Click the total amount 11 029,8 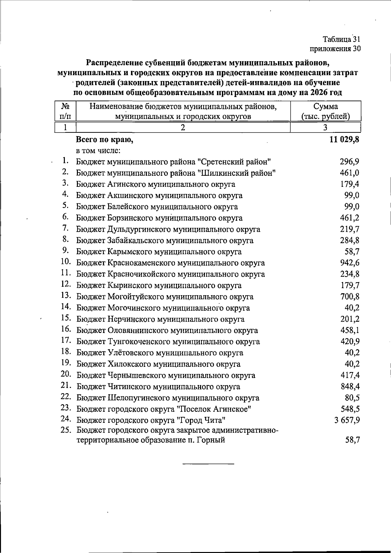coord(344,140)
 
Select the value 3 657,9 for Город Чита coord(347,420)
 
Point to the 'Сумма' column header coord(326,106)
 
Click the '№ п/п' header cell coord(65,111)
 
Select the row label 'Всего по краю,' coord(105,140)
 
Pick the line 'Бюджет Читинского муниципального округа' coord(158,387)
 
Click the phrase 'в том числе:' coord(99,151)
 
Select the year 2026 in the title coord(319,92)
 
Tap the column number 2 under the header coord(183,128)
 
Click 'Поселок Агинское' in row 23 coord(217,409)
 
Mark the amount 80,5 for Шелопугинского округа coord(352,398)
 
